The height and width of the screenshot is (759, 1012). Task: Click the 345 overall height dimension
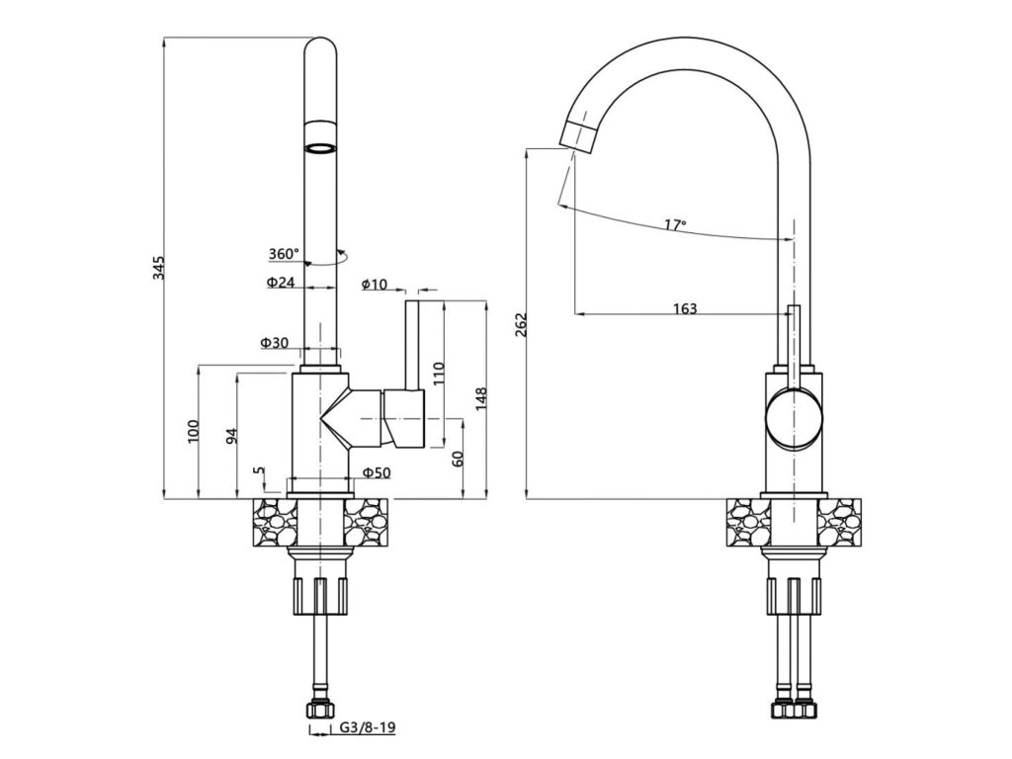159,268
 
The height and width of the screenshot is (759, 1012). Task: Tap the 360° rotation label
284,254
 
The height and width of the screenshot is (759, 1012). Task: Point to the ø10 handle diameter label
375,284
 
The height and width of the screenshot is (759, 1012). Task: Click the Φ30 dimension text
275,343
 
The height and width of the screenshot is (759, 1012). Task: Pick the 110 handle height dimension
440,374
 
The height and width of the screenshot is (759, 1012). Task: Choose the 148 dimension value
481,399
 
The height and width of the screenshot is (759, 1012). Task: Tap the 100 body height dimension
194,431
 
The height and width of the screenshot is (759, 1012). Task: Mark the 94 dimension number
233,436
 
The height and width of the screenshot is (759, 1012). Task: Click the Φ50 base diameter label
377,473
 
